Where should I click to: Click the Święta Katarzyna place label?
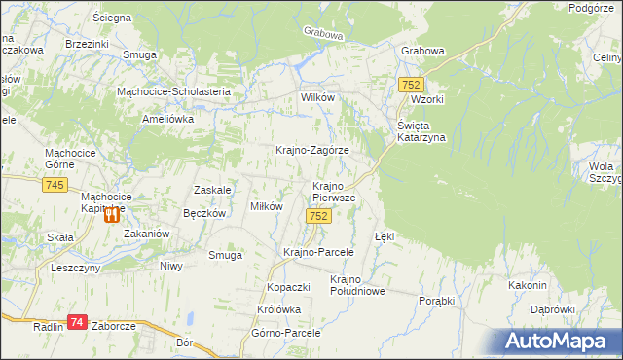pos(421,131)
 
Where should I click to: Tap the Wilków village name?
pos(318,99)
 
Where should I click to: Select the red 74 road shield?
pos(79,322)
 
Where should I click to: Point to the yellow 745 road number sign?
pos(55,185)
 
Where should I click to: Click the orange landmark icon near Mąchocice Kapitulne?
pos(113,216)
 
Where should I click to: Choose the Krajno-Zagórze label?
pos(312,151)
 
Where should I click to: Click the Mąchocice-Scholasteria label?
pos(172,91)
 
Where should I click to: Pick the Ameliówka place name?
pos(168,118)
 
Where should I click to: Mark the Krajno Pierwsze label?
pos(333,191)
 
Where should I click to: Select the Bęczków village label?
pos(204,213)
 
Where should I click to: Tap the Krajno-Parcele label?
pos(317,252)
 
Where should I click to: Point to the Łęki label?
pos(385,236)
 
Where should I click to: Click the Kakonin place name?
pos(527,285)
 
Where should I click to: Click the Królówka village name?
pos(279,309)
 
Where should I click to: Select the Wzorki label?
pos(427,100)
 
